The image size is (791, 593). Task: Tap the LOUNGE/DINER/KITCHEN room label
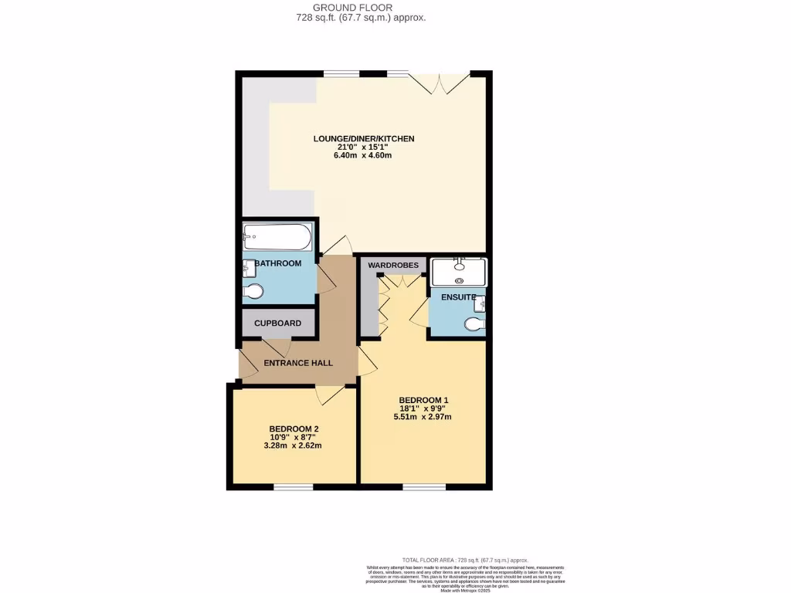(x=364, y=139)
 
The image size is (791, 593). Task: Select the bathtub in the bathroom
(x=277, y=237)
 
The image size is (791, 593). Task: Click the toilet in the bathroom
(x=253, y=291)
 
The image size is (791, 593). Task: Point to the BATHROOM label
(x=278, y=264)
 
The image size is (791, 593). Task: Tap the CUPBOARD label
(x=278, y=324)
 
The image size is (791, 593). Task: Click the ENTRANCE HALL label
(x=298, y=362)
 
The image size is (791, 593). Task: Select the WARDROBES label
(x=393, y=266)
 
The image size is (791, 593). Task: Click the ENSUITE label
(x=457, y=297)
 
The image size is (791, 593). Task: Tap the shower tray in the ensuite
(x=459, y=273)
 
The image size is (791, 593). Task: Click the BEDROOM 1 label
(x=423, y=400)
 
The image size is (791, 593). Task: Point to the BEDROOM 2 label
(x=294, y=429)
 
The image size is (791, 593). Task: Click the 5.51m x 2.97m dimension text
(x=423, y=417)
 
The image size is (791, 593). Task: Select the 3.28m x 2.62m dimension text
(x=294, y=446)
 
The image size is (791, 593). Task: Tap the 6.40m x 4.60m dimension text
(x=364, y=155)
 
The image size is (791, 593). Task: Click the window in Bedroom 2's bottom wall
(x=294, y=487)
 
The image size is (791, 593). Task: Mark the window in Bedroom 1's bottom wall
(x=424, y=487)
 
